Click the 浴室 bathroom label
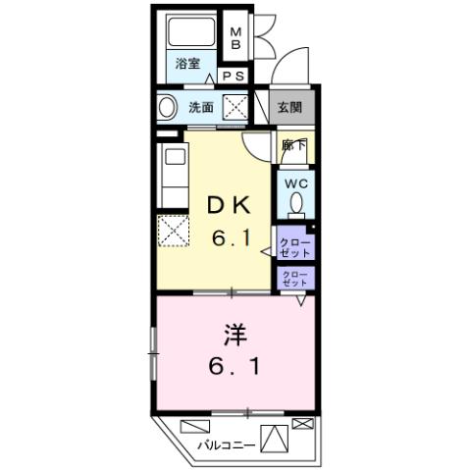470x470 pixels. click(x=188, y=64)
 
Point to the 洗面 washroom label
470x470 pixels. click(x=201, y=107)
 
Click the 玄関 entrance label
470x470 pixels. click(x=289, y=107)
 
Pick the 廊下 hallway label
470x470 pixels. click(x=292, y=144)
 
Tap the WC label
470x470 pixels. click(x=295, y=183)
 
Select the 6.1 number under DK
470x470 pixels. click(x=232, y=236)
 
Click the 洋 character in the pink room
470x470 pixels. click(x=233, y=336)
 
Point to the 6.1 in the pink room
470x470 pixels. click(x=233, y=371)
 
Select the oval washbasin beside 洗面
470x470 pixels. click(x=167, y=107)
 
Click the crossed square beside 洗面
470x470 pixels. click(x=235, y=106)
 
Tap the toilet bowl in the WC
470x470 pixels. click(x=295, y=205)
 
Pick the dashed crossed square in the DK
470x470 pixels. click(x=172, y=232)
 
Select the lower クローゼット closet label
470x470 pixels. click(x=293, y=278)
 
